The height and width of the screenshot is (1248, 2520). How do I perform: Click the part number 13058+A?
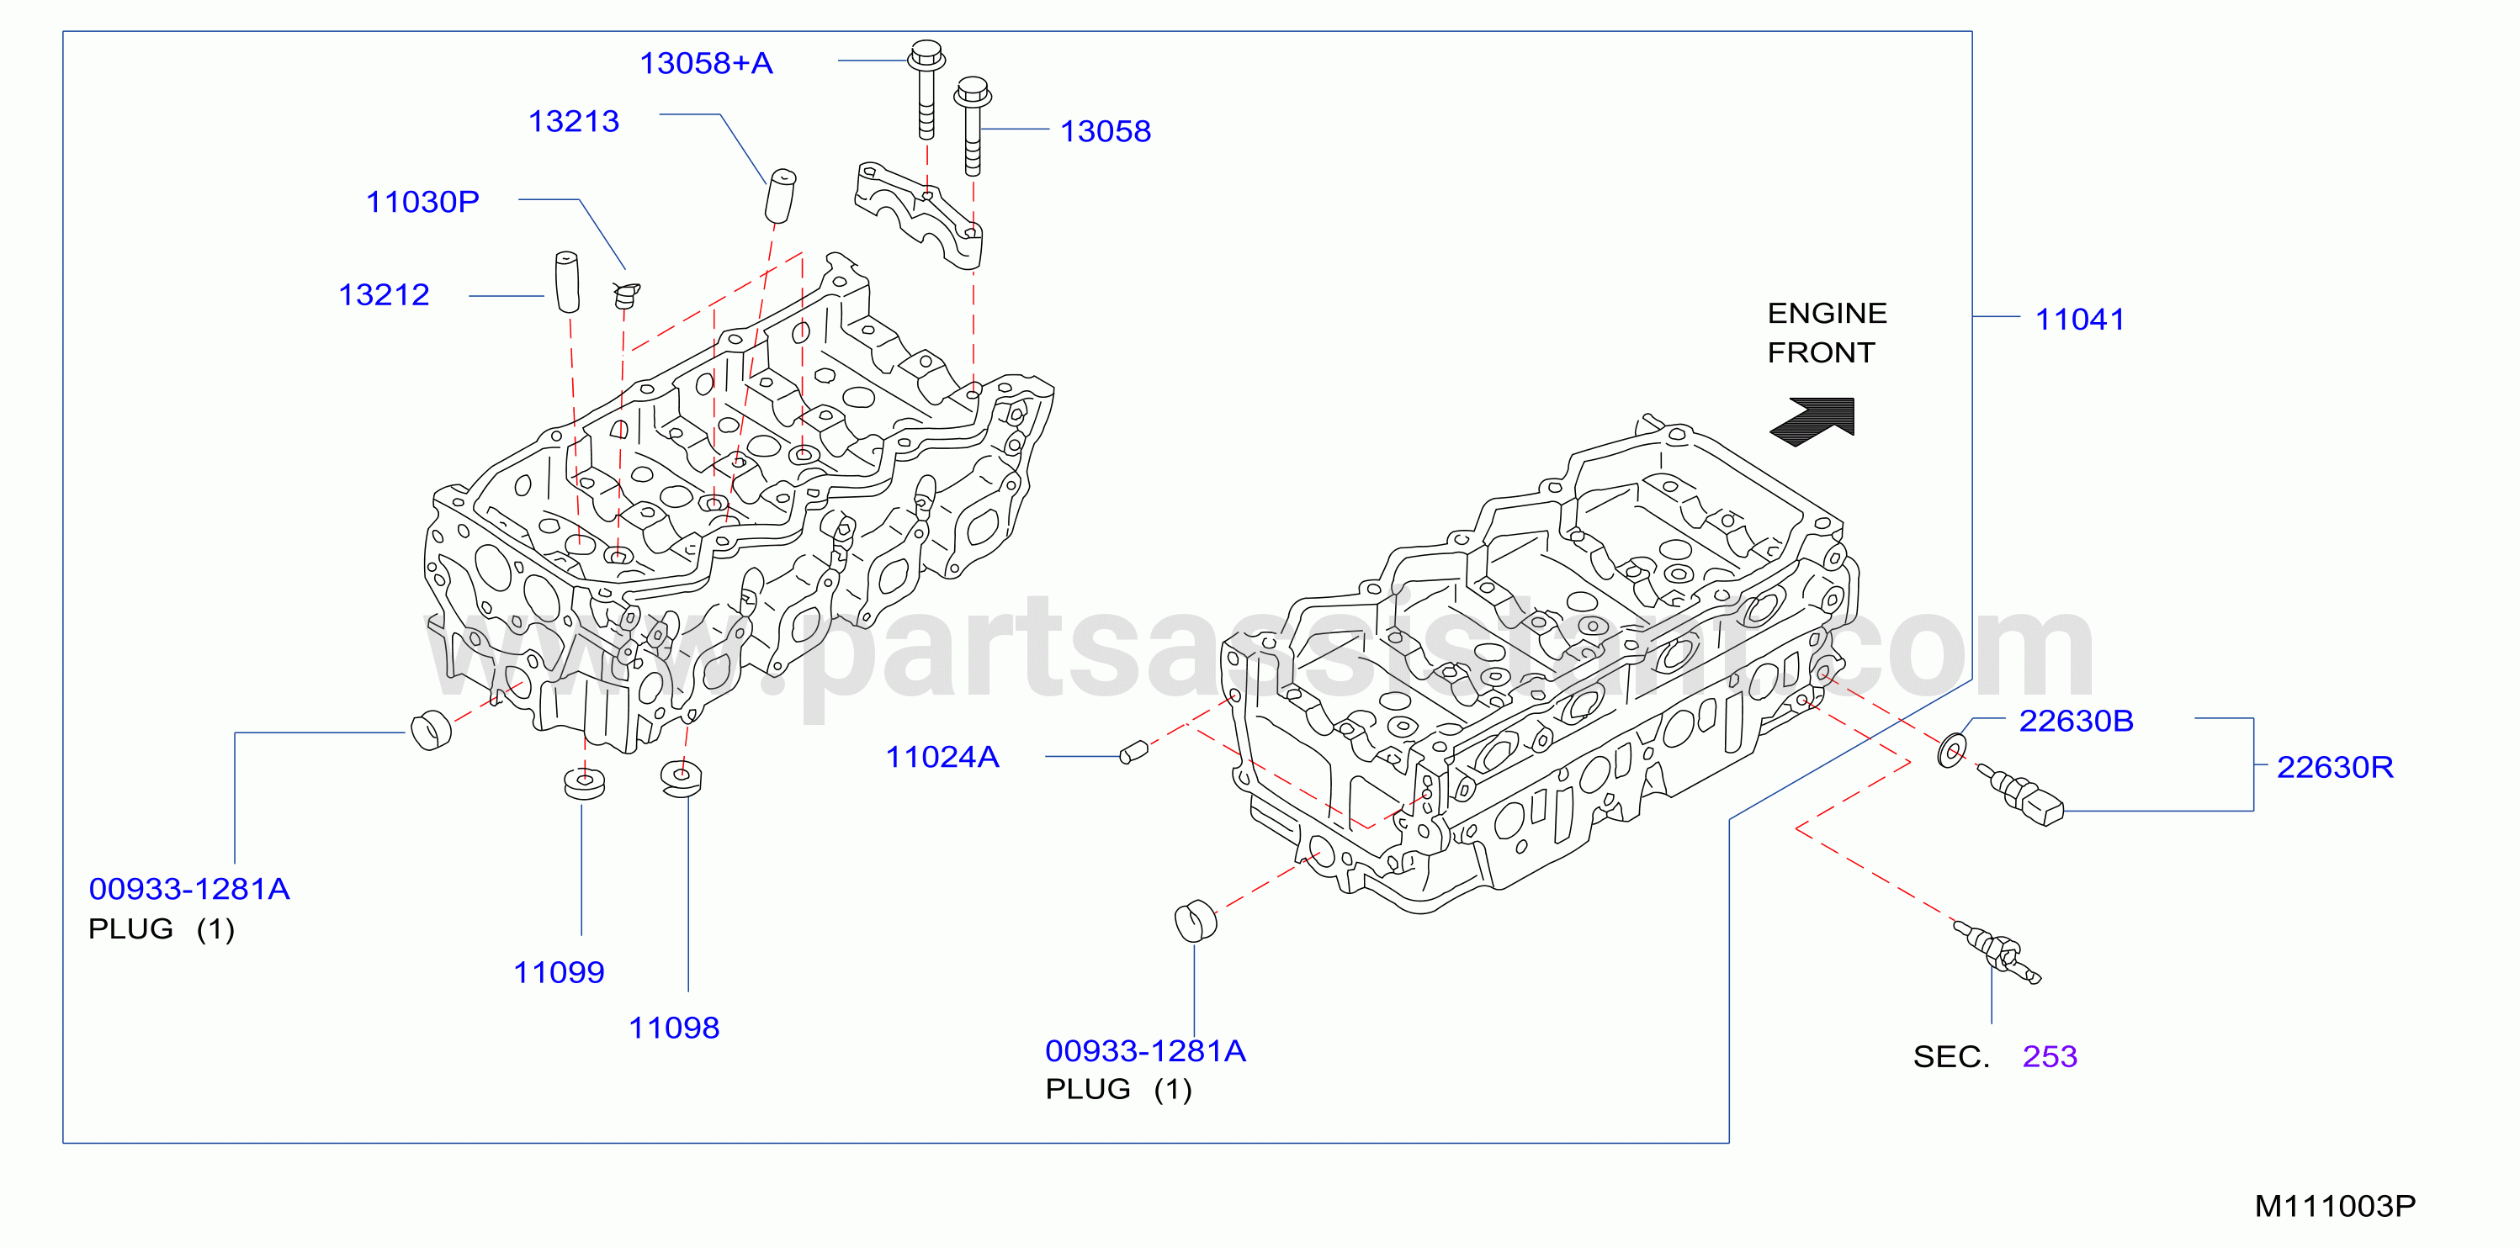coord(706,64)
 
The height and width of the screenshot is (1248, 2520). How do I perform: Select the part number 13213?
coord(574,121)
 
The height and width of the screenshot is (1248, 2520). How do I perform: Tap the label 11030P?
coord(422,202)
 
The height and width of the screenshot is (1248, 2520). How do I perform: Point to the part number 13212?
coord(384,294)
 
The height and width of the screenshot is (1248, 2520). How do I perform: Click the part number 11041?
coord(2080,319)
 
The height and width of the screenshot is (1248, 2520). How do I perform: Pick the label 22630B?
coord(2076,721)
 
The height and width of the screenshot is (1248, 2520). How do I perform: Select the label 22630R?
coord(2335,767)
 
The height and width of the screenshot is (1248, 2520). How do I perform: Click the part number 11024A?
coord(942,756)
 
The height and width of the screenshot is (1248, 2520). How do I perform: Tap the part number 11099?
coord(559,972)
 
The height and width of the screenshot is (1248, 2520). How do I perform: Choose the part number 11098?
coord(674,1028)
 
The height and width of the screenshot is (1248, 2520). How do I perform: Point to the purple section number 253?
coord(2050,1056)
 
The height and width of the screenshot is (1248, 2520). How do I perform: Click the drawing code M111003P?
coord(2335,1206)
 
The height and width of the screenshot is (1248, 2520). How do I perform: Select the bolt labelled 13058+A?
coord(926,89)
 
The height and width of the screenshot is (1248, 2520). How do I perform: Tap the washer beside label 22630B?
coord(1951,750)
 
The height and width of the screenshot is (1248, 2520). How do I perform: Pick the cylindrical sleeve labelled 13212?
coord(567,282)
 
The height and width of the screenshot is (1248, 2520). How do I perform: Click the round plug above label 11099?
coord(584,784)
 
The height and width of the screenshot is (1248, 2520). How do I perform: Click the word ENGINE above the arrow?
coord(1827,313)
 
